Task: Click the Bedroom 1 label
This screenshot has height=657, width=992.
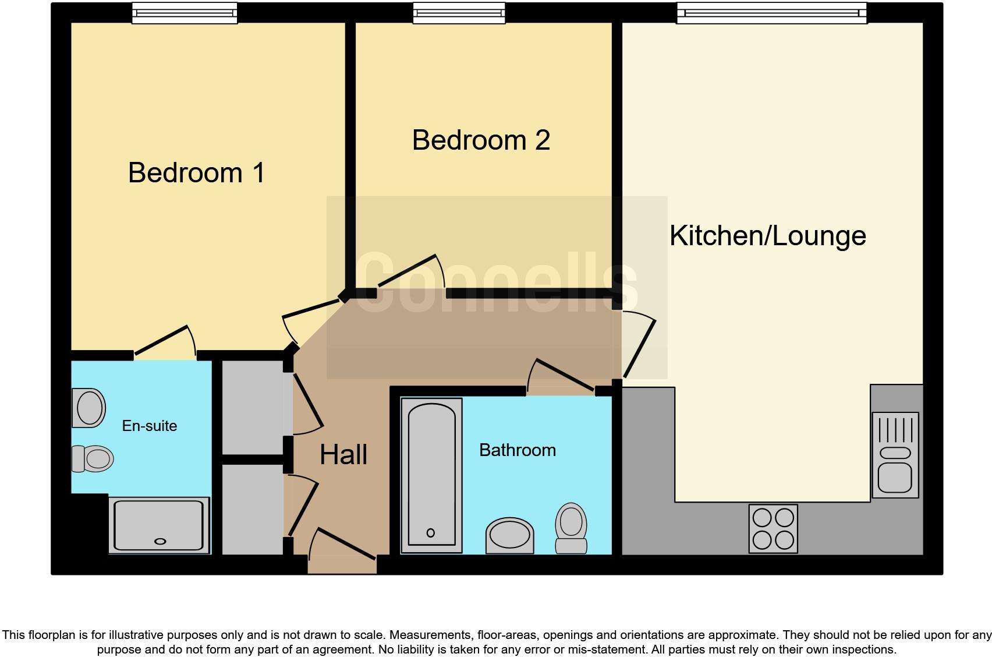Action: pos(196,173)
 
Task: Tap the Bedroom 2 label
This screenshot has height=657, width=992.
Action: pos(481,140)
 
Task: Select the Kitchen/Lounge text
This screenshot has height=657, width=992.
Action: pos(767,236)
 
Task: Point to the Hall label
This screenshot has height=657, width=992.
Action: pos(343,455)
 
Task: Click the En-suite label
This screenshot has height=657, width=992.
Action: pos(150,426)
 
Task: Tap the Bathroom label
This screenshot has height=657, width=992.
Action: pos(517,450)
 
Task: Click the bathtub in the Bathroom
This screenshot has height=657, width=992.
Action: pos(431,475)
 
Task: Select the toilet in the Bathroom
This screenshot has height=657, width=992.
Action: pos(571,528)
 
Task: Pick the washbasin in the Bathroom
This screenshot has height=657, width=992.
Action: pos(509,535)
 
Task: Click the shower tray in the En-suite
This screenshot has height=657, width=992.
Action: pos(160,525)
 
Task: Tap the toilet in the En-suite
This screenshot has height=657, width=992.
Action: pos(92,459)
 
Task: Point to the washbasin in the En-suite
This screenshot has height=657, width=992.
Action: pos(88,407)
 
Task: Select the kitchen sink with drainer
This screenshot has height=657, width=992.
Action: pos(895,455)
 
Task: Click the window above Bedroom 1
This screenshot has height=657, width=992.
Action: pos(185,13)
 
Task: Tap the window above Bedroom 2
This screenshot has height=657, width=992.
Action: pos(459,13)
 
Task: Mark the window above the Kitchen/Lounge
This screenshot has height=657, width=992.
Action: pos(771,13)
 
